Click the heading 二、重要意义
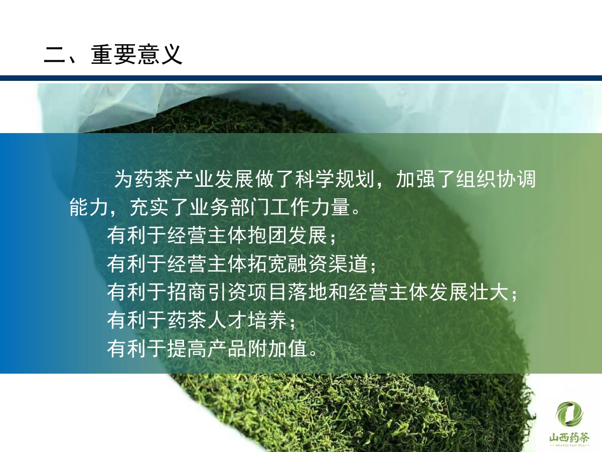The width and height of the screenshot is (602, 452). tap(113, 54)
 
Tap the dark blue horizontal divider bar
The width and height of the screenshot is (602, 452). tap(301, 78)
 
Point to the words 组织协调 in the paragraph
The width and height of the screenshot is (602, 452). tap(496, 179)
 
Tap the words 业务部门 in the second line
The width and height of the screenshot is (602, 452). tap(230, 207)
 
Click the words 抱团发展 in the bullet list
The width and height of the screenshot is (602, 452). tap(288, 235)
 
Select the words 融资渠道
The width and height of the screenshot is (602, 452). tap(328, 264)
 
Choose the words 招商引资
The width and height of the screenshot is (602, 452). tap(207, 292)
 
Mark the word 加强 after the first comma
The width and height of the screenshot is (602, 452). tap(416, 179)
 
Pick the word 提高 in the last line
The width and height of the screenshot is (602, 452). tap(187, 349)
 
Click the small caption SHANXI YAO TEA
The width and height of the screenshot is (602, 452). tap(569, 445)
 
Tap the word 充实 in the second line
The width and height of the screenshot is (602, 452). tap(149, 207)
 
